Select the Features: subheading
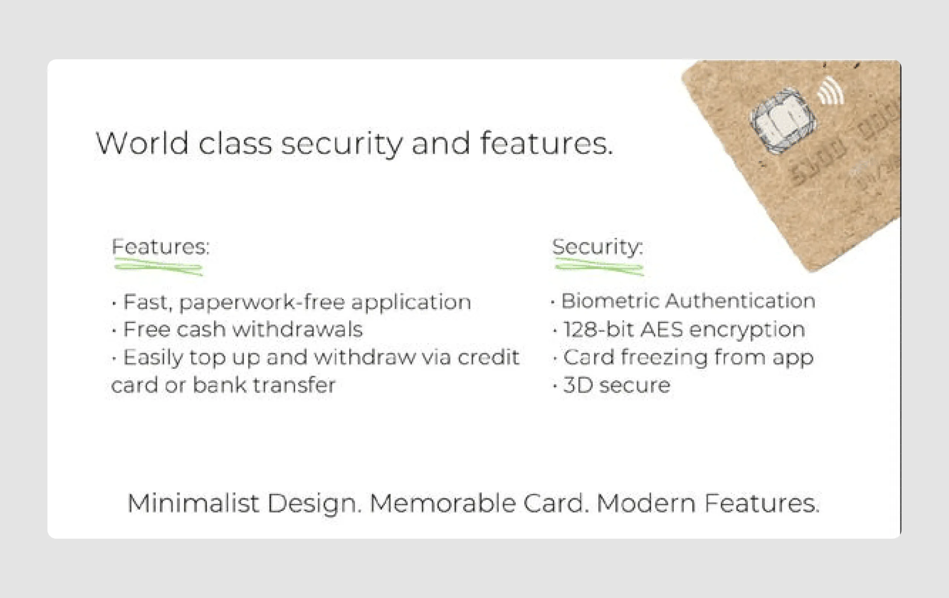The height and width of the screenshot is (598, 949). coord(161,247)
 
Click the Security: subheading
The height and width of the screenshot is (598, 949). coord(597,247)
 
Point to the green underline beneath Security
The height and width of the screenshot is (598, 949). coord(599,267)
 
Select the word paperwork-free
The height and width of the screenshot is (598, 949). coord(262,303)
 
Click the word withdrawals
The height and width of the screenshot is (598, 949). coord(298,329)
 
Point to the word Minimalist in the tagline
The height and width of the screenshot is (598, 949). coord(193,504)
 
